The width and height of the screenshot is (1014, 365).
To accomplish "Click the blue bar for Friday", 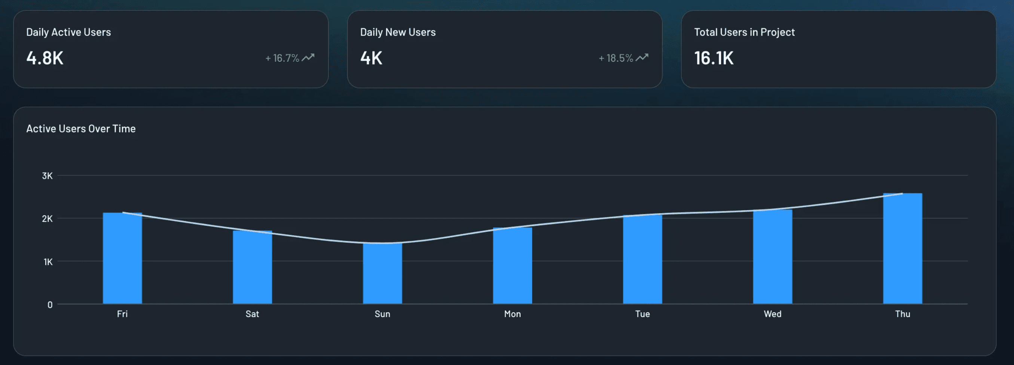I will (x=122, y=258).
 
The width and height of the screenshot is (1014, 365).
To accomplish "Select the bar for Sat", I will (x=252, y=267).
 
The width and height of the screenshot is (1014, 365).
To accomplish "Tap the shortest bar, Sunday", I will (x=382, y=273).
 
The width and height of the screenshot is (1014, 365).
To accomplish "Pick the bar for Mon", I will (x=512, y=266).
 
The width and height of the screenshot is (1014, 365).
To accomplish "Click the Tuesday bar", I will (x=642, y=259).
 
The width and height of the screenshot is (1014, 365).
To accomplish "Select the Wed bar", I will (x=772, y=257).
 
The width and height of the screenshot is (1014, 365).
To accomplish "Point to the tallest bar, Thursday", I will (x=902, y=248).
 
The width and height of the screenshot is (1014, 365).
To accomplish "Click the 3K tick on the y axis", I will (x=47, y=176).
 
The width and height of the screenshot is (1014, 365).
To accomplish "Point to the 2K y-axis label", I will (x=47, y=219).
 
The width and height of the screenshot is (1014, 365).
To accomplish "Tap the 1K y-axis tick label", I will (x=48, y=262).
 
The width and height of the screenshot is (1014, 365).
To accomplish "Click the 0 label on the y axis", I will (x=50, y=305).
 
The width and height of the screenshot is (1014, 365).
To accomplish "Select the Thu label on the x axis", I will (x=902, y=314).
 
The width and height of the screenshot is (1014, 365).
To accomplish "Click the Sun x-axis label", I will (x=382, y=314).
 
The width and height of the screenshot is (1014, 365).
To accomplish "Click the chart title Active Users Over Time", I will (x=81, y=129).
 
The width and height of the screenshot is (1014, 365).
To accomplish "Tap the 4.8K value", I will (x=45, y=58).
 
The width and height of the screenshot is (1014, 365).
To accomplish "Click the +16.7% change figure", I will (x=282, y=58).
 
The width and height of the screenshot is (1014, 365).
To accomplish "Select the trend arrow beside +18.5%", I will (x=642, y=58).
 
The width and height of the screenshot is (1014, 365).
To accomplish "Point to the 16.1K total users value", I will (x=713, y=58).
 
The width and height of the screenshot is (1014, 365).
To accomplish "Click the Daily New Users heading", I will (x=398, y=32).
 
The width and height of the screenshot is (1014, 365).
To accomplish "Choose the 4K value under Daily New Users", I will (x=371, y=58).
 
